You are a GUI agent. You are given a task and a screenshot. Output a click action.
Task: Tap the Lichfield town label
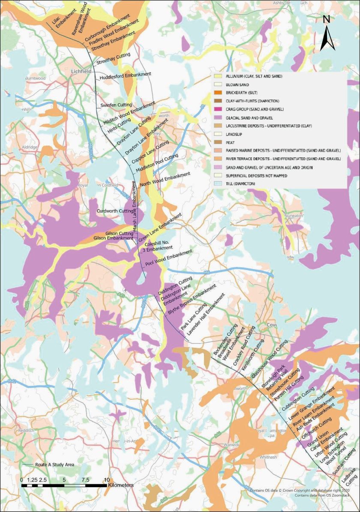click(x=81, y=70)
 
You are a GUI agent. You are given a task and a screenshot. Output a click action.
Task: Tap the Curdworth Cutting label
click(x=114, y=211)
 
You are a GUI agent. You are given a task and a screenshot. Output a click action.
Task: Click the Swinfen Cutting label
click(x=115, y=105)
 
